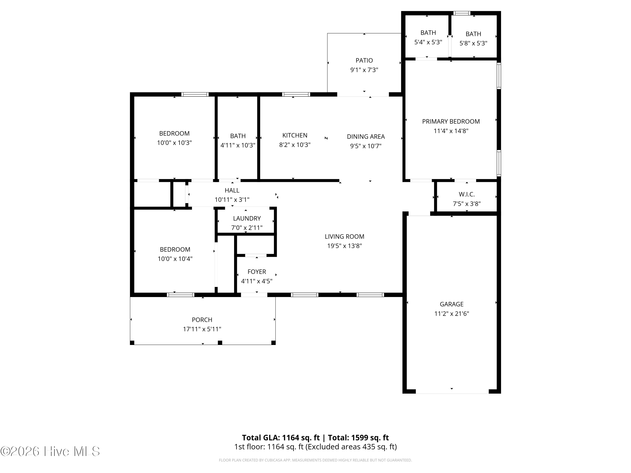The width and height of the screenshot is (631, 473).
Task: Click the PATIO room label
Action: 364,61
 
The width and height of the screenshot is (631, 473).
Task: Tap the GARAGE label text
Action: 452,304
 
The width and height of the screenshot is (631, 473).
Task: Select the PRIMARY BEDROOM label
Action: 451,122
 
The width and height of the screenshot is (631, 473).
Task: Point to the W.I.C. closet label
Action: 467,194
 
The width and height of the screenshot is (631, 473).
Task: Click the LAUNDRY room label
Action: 247,218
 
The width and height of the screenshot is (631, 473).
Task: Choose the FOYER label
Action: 257,272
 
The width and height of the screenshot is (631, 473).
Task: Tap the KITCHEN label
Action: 295,135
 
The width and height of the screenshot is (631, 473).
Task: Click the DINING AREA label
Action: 366,137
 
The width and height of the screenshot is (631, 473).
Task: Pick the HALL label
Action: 232,190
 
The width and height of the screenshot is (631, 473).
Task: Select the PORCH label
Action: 202,320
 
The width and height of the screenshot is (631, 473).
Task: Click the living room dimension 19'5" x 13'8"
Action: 345,246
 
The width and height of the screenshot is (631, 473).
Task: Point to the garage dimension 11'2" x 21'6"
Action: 452,314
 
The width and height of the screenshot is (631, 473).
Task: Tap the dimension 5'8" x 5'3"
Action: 473,43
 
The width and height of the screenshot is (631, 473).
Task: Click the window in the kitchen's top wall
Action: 296,94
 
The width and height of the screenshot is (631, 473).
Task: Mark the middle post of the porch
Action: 220,342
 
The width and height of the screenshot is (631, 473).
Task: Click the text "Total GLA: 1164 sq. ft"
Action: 281,438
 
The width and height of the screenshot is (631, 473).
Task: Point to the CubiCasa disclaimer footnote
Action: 315,460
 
